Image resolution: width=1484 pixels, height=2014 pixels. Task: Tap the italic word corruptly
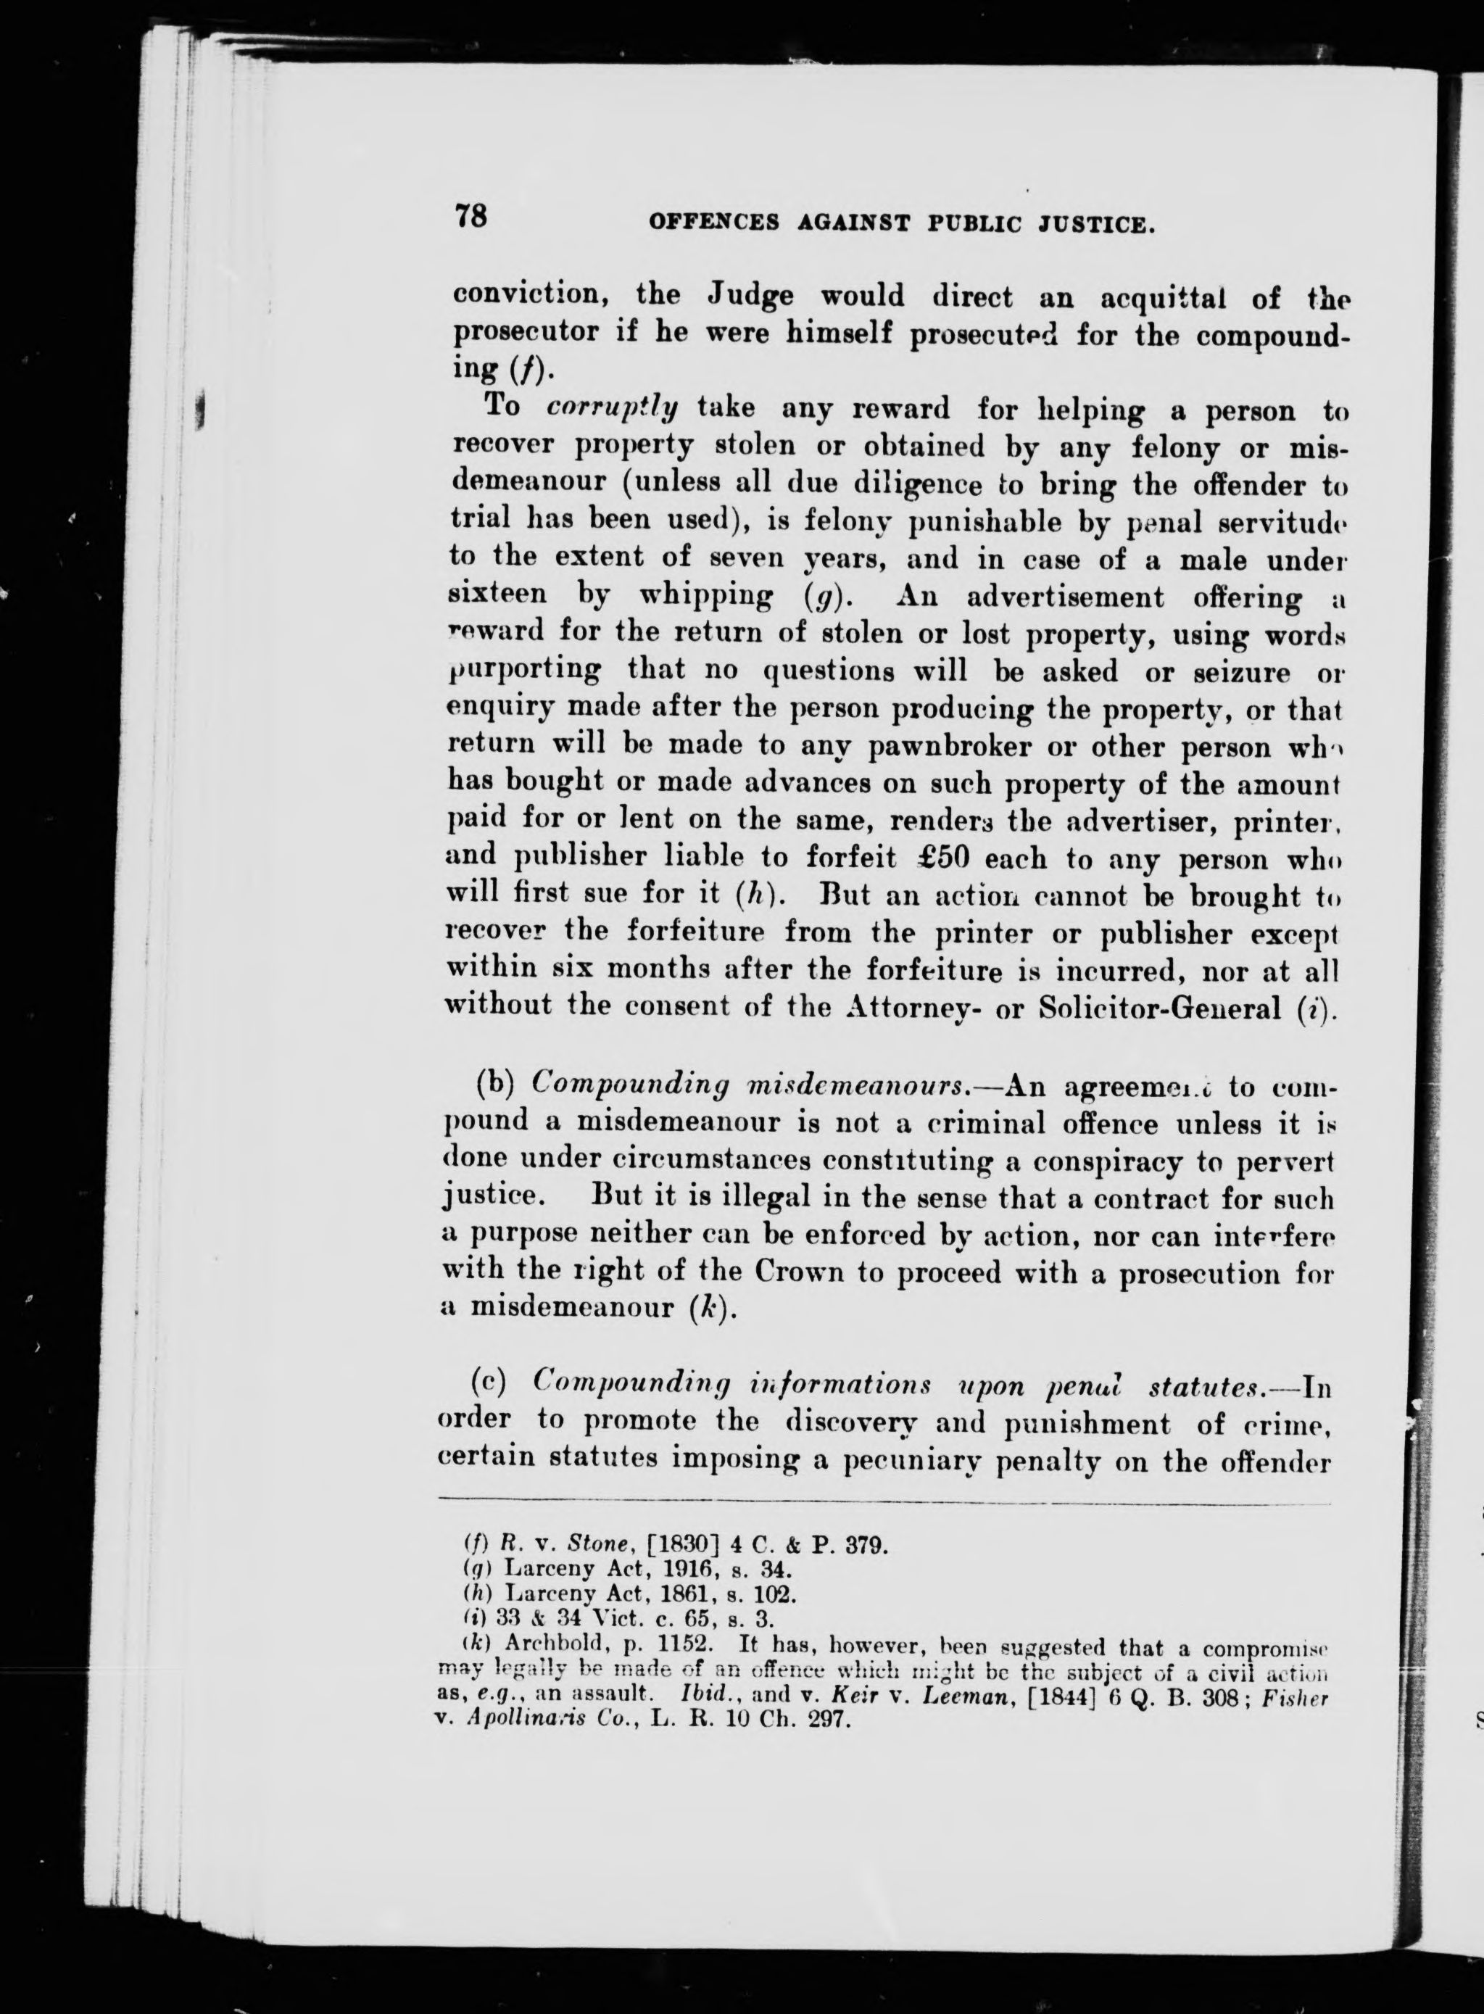(612, 408)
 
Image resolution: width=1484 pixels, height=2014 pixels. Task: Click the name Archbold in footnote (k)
(549, 1645)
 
